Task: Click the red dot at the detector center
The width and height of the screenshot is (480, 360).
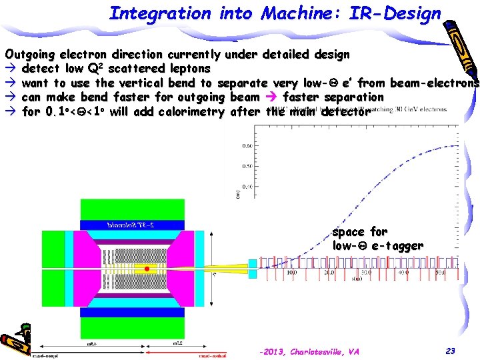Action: point(147,269)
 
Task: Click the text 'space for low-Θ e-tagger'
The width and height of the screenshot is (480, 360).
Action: point(377,239)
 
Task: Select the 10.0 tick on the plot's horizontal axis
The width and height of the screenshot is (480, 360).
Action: point(291,273)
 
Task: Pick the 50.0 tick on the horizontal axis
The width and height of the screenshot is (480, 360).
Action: point(440,273)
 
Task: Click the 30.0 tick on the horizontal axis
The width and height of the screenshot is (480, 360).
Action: point(366,273)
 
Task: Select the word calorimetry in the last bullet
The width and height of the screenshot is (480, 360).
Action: point(189,112)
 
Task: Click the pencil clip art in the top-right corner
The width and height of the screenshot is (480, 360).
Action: point(460,40)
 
